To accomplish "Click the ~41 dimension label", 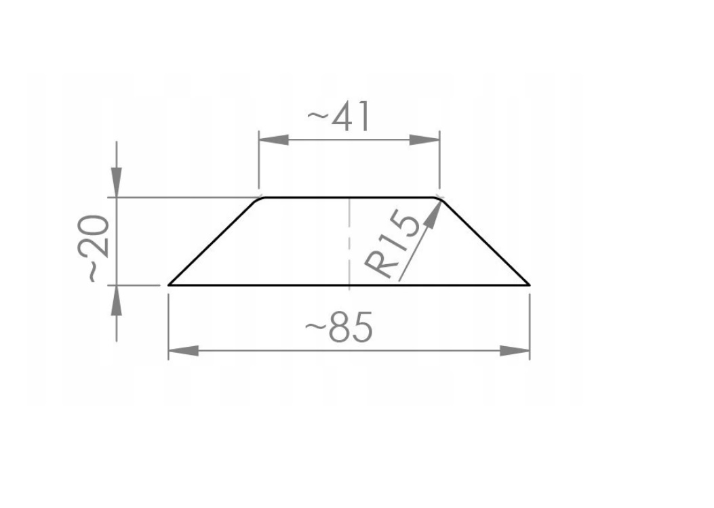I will [339, 117].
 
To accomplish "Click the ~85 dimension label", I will [339, 329].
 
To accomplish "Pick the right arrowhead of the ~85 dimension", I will [515, 351].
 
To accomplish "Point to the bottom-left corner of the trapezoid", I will [170, 285].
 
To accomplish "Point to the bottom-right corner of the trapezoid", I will [528, 285].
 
